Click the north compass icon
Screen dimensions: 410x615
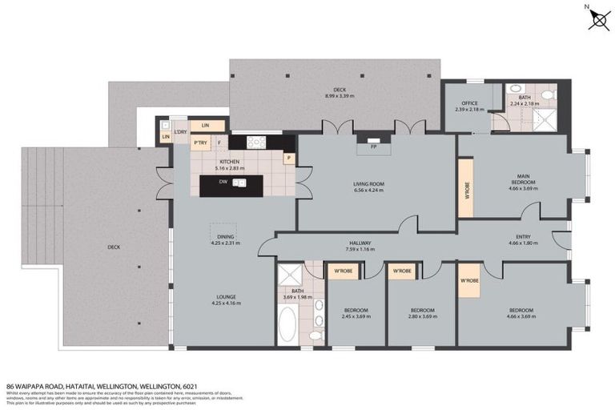pyautogui.click(x=596, y=18)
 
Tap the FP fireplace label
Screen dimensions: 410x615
pyautogui.click(x=372, y=147)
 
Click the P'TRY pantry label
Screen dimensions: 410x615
pyautogui.click(x=200, y=143)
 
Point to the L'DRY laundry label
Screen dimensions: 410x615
pyautogui.click(x=180, y=131)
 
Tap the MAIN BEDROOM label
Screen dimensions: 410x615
pyautogui.click(x=523, y=180)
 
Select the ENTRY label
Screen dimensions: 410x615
pyautogui.click(x=524, y=238)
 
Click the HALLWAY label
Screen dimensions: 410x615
pyautogui.click(x=359, y=243)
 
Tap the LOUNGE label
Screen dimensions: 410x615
pyautogui.click(x=224, y=299)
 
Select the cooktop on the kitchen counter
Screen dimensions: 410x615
pyautogui.click(x=256, y=143)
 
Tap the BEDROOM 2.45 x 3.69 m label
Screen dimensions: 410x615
pyautogui.click(x=356, y=312)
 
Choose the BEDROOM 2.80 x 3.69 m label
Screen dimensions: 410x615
pyautogui.click(x=422, y=312)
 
